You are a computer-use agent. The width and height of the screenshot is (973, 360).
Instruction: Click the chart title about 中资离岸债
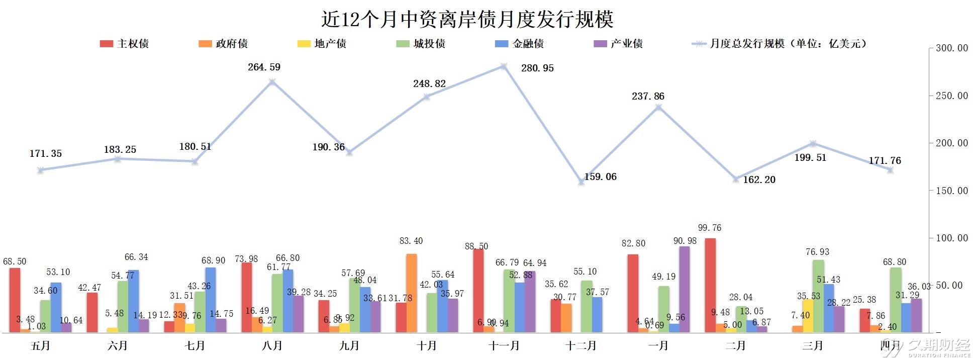pyautogui.click(x=467, y=19)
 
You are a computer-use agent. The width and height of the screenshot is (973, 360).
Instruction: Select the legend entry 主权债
pyautogui.click(x=124, y=44)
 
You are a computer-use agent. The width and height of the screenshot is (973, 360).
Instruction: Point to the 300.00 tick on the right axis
pyautogui.click(x=951, y=48)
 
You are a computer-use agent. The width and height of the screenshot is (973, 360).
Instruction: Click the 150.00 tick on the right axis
pyautogui.click(x=951, y=191)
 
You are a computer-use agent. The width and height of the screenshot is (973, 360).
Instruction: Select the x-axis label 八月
pyautogui.click(x=272, y=346)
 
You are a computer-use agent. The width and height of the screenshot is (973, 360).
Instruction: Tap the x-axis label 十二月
pyautogui.click(x=581, y=346)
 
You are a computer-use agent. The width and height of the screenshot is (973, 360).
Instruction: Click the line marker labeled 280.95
pyautogui.click(x=504, y=66)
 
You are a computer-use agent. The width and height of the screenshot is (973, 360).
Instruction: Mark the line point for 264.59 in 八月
pyautogui.click(x=272, y=81)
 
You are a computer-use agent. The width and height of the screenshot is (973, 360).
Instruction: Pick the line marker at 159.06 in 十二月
pyautogui.click(x=581, y=182)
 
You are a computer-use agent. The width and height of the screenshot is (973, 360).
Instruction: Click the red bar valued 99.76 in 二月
pyautogui.click(x=710, y=285)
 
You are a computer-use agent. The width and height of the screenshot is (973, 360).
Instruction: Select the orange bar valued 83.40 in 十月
pyautogui.click(x=412, y=293)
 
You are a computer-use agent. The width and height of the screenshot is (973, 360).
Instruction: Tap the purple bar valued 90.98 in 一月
pyautogui.click(x=685, y=289)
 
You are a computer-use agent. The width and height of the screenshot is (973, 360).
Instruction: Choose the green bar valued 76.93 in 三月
pyautogui.click(x=818, y=296)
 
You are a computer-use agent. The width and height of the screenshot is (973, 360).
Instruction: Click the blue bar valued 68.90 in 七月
pyautogui.click(x=211, y=300)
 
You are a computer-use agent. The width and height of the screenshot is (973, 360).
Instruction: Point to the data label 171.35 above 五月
pyautogui.click(x=46, y=154)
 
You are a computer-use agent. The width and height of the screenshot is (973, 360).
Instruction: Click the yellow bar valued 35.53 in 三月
pyautogui.click(x=808, y=316)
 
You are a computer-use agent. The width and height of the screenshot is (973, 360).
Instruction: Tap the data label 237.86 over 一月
pyautogui.click(x=648, y=96)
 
